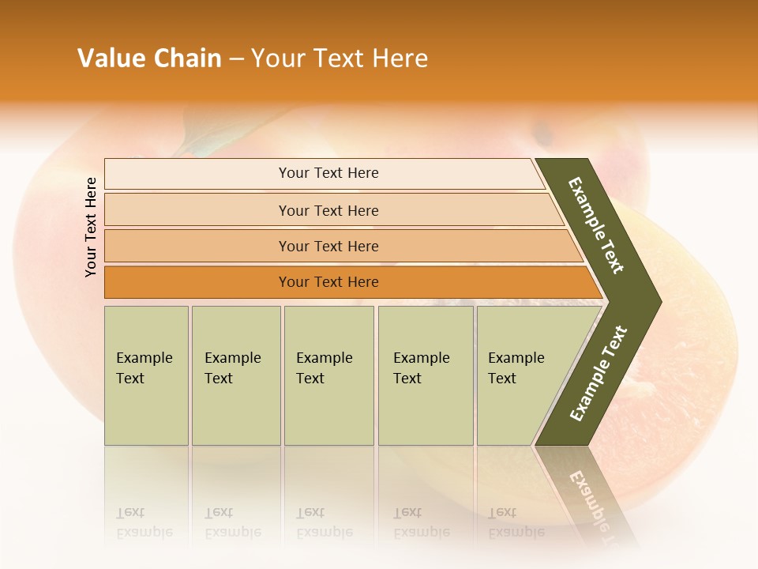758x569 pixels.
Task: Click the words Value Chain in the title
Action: tap(149, 58)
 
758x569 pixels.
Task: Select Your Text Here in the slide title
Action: tap(340, 58)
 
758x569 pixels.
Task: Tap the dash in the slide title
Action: tap(236, 59)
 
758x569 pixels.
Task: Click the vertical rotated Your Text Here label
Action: tap(91, 227)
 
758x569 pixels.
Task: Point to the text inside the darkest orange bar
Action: tap(328, 282)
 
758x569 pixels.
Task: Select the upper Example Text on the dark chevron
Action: tap(596, 225)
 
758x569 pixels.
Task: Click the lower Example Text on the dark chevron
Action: tap(598, 374)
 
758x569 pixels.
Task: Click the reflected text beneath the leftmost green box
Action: tap(144, 522)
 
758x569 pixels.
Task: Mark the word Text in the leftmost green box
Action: tap(130, 379)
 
